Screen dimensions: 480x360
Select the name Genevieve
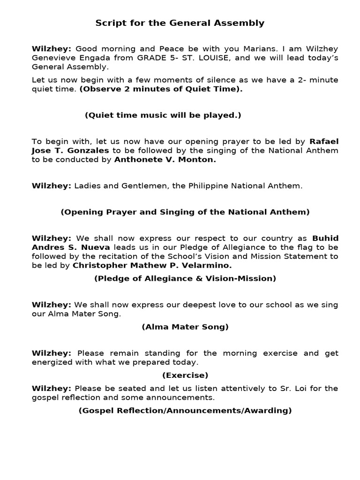pyautogui.click(x=52, y=58)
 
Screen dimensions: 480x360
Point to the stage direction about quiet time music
pyautogui.click(x=163, y=115)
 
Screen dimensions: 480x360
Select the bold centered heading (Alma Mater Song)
pyautogui.click(x=185, y=327)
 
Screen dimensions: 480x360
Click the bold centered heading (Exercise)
pyautogui.click(x=185, y=375)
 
